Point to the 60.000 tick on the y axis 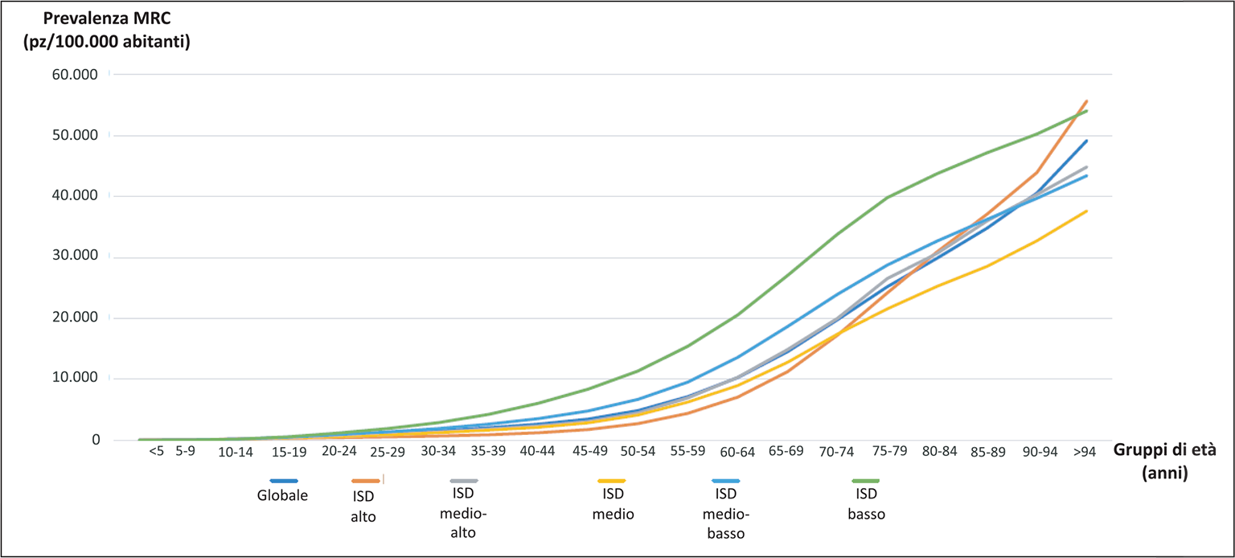74,75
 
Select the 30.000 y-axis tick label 74,256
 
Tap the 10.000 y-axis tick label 74,378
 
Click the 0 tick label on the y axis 95,440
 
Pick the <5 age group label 156,451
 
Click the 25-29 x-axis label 387,452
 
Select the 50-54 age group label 637,452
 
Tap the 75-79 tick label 888,451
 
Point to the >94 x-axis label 1085,451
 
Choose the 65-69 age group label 786,452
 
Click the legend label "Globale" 282,495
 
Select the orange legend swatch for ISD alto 365,481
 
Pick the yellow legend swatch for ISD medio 613,481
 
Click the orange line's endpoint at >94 1087,101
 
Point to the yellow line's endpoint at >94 1087,211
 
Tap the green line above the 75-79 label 887,197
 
